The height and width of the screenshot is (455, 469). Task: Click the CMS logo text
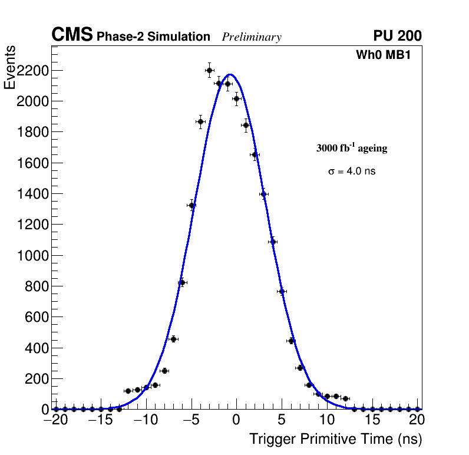(x=72, y=35)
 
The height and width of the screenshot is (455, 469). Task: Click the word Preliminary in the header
(x=252, y=37)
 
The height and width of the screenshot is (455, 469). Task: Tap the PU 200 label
(x=397, y=36)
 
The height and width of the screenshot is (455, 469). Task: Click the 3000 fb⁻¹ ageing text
(x=352, y=148)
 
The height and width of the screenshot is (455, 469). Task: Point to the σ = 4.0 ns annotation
(x=352, y=172)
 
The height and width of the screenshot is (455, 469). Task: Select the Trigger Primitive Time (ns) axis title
(x=335, y=439)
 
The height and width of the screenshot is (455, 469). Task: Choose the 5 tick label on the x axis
(x=282, y=420)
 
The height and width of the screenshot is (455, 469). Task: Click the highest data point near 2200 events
(x=209, y=70)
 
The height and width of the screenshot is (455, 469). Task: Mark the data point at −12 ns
(x=128, y=391)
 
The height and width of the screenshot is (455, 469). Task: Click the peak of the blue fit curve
(x=230, y=74)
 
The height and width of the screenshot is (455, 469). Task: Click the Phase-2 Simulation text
(x=153, y=37)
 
